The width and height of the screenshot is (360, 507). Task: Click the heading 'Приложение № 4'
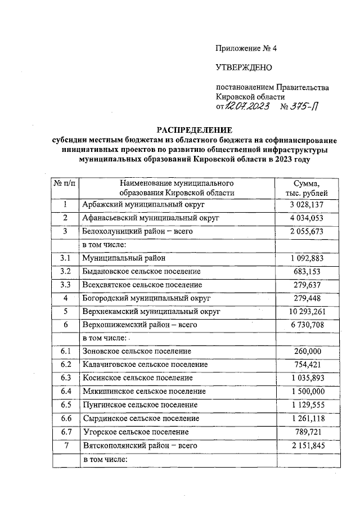(x=246, y=48)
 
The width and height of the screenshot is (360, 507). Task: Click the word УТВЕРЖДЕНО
(x=244, y=68)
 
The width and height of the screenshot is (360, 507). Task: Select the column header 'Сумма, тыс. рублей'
(x=307, y=188)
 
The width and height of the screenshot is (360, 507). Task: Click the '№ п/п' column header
(x=65, y=183)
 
